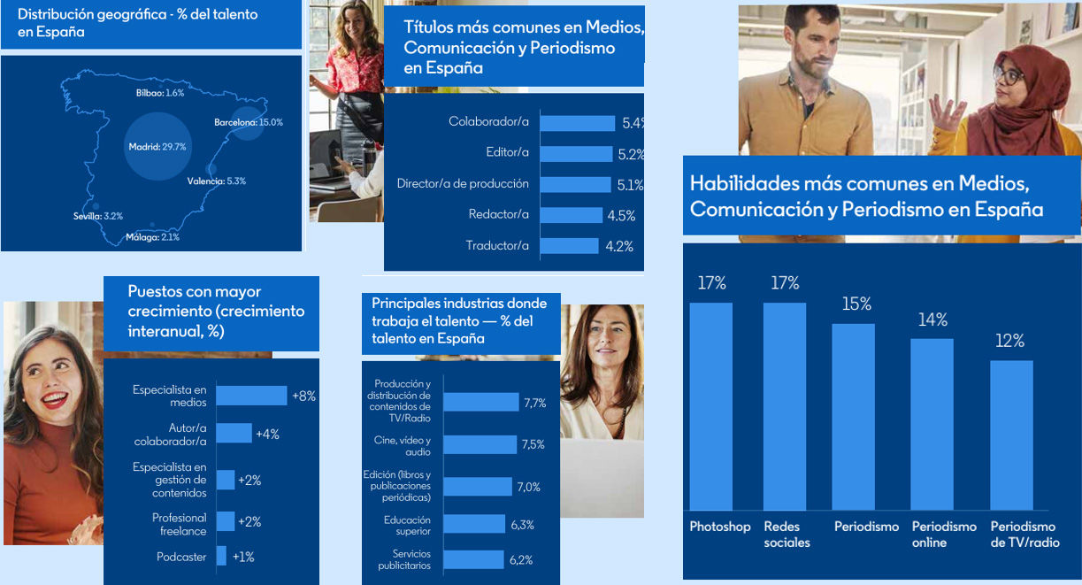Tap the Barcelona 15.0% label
point(249,122)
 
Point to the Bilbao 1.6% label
point(160,93)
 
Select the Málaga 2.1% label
point(152,237)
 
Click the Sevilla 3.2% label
point(98,216)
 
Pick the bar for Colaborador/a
point(577,123)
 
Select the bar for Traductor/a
point(569,246)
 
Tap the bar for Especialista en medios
point(251,396)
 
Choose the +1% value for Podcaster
point(243,557)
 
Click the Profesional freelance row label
point(179,525)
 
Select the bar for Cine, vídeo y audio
point(480,444)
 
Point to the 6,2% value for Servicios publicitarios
point(521,560)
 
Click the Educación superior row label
point(407,526)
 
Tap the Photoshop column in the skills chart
point(710,405)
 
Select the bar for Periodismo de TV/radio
point(1011,434)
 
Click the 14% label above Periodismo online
point(932,320)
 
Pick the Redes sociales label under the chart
point(787,535)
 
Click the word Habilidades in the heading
point(740,184)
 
